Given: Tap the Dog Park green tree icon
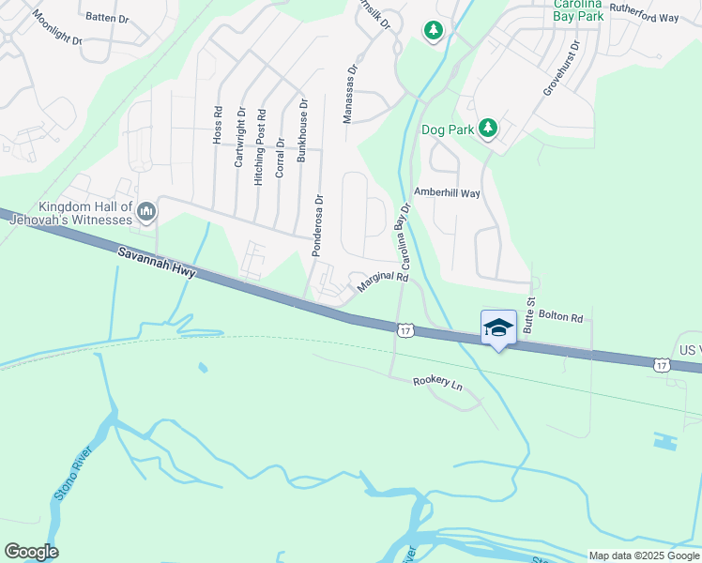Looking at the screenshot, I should point(488,128).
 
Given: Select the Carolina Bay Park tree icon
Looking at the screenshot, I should point(433,32).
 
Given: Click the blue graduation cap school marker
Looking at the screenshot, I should point(498,327).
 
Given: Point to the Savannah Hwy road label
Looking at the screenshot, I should point(155,262).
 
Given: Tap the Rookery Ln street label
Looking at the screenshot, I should point(438,382).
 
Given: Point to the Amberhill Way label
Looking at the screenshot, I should point(447,192).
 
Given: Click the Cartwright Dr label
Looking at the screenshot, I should point(239,137).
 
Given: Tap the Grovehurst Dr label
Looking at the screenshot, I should point(560,68).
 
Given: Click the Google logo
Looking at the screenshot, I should point(31,552).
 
